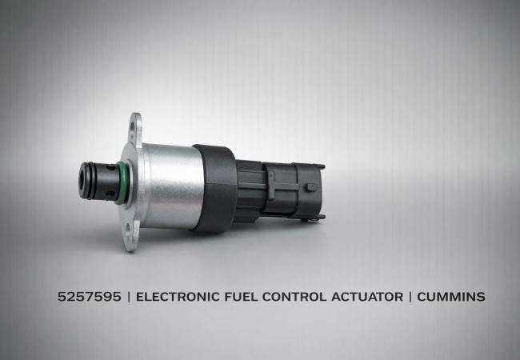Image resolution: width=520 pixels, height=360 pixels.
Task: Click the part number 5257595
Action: [90, 296]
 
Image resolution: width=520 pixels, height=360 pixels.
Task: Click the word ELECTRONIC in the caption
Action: [178, 296]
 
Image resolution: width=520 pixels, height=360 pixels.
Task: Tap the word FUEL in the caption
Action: [241, 296]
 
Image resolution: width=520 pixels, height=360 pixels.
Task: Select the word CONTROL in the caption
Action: [294, 296]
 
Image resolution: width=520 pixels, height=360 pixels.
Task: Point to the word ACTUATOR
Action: [367, 296]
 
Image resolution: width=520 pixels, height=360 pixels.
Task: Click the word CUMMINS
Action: [451, 296]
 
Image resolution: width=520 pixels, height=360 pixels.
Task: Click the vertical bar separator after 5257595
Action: [129, 296]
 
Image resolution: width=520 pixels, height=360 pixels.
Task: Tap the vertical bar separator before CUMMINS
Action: [410, 296]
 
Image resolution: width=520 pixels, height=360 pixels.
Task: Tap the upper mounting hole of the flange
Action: [133, 129]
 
